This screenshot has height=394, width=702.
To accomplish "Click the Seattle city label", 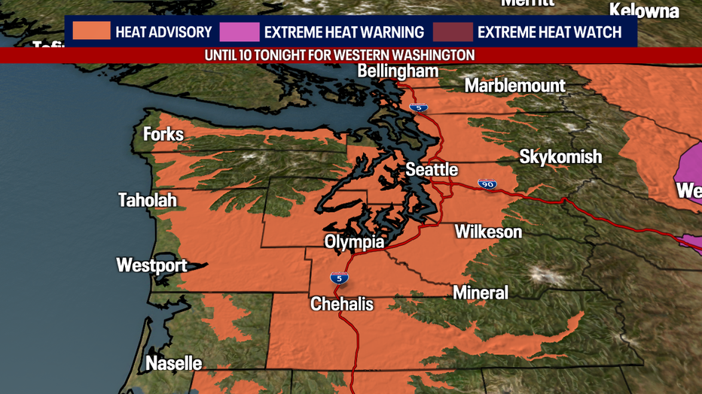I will click(x=432, y=170).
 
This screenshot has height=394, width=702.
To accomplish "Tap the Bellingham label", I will click(x=398, y=71).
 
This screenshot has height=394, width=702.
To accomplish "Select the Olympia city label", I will click(x=354, y=242).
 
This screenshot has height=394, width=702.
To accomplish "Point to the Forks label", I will click(x=163, y=135).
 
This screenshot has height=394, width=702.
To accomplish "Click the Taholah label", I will click(x=148, y=200).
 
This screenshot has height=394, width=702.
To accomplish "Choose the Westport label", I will click(x=151, y=265).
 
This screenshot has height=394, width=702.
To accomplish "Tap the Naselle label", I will click(x=173, y=364).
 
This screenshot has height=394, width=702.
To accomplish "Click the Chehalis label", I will click(x=342, y=304).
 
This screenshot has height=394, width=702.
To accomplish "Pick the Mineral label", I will click(x=481, y=292).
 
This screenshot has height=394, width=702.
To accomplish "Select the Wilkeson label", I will click(x=488, y=232).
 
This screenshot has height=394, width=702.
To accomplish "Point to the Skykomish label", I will click(x=560, y=157).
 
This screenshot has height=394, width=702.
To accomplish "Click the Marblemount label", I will click(x=514, y=86).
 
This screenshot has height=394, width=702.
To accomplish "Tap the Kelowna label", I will click(x=644, y=11).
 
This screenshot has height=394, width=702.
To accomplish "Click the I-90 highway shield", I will click(x=488, y=184).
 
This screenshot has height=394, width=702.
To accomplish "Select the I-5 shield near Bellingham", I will click(x=419, y=108).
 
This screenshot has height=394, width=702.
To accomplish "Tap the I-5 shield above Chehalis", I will click(x=339, y=278).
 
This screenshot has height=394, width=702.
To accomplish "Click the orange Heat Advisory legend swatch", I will click(x=92, y=32).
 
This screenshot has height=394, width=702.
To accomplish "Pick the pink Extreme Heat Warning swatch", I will click(x=240, y=32).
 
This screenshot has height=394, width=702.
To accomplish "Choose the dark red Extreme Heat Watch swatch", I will click(x=453, y=32).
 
